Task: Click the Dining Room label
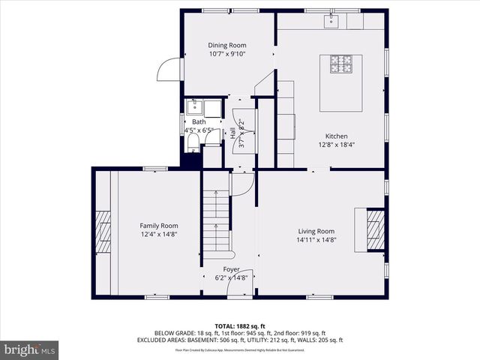(227, 45)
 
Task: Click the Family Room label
(158, 225)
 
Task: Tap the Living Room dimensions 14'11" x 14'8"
(314, 240)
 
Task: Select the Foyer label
(231, 268)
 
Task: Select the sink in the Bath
(194, 107)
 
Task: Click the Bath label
(199, 121)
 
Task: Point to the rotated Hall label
(233, 133)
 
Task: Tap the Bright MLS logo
(30, 349)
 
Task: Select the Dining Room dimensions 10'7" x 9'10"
(227, 54)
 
